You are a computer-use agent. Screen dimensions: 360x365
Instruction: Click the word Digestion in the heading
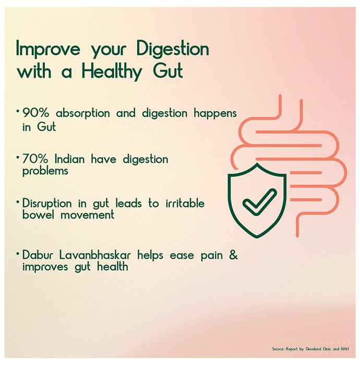[x=173, y=48]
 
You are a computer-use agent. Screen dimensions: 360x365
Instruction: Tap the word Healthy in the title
[x=112, y=72]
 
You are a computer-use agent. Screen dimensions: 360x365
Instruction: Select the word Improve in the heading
[x=48, y=50]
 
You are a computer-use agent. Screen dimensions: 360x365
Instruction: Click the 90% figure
[x=36, y=113]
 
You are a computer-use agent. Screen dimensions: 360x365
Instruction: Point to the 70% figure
[x=35, y=159]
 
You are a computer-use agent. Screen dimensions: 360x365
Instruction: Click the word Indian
[x=69, y=159]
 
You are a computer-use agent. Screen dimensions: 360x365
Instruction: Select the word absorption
[x=82, y=114]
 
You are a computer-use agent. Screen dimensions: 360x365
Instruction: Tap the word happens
[x=215, y=114]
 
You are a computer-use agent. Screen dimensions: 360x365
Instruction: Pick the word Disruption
[x=47, y=204]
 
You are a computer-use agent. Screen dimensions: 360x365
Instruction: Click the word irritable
[x=185, y=203]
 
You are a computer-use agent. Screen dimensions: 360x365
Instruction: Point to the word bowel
[x=38, y=214]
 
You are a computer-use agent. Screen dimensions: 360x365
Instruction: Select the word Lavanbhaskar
[x=95, y=255]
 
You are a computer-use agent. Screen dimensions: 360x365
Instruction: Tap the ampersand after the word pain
[x=233, y=255]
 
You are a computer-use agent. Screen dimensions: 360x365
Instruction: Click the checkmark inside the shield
[x=260, y=201]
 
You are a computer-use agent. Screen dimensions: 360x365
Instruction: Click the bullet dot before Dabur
[x=18, y=253]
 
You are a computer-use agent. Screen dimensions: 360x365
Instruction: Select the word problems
[x=45, y=172]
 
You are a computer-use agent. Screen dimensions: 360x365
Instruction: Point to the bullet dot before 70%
[x=18, y=157]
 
